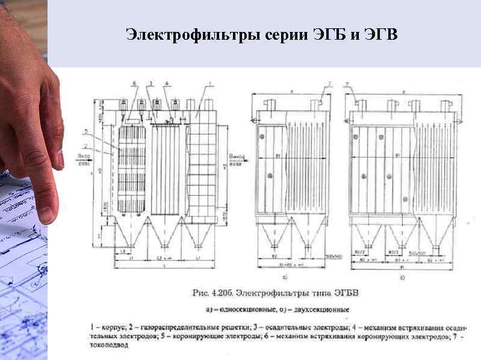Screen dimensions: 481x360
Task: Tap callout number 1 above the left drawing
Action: tap(209, 83)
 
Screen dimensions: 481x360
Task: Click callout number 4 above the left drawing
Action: tap(167, 83)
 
